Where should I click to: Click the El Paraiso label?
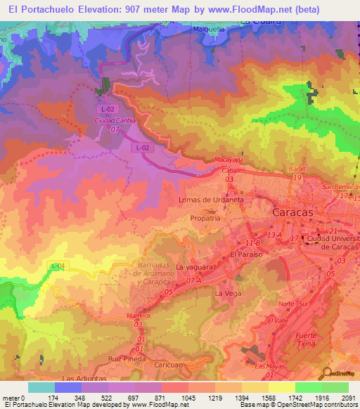[246, 254]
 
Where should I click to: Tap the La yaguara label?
[193, 268]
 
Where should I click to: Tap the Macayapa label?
[228, 160]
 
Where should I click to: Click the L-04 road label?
[58, 265]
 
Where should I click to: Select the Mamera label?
[138, 316]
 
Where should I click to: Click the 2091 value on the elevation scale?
[349, 398]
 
